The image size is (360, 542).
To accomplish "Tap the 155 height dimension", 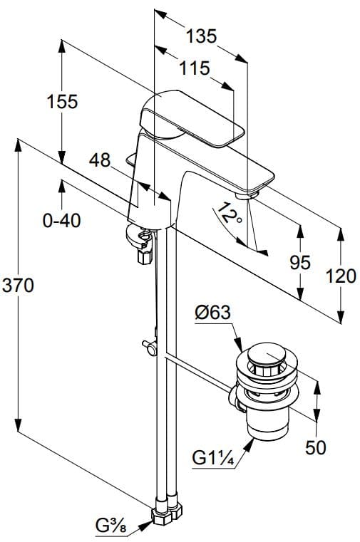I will point(63,102).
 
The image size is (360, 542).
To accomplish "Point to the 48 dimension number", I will point(100,161).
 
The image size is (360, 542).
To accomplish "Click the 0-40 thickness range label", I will point(61,220).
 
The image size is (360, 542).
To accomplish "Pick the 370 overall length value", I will point(17,286).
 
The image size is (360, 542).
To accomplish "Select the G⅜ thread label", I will point(110,527).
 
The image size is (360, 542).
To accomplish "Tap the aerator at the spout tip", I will point(246,192).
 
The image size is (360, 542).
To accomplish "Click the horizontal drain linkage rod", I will point(200,370).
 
